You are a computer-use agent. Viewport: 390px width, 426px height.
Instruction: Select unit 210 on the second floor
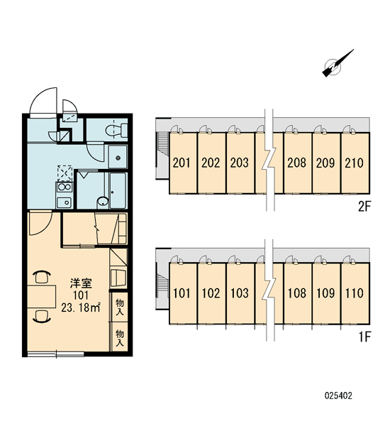(355, 163)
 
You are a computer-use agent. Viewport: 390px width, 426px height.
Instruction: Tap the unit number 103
(240, 293)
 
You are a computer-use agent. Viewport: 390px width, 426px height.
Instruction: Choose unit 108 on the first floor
(298, 293)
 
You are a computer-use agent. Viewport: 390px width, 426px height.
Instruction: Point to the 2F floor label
(364, 207)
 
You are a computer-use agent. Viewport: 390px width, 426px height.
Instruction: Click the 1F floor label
(364, 337)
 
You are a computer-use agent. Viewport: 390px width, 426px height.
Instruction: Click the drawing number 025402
(338, 395)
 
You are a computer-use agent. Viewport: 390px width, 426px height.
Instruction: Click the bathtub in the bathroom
(118, 190)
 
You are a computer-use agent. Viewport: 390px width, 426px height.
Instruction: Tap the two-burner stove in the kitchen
(65, 187)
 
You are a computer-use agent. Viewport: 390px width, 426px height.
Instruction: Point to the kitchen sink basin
(64, 202)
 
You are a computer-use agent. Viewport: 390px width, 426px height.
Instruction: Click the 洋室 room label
(81, 283)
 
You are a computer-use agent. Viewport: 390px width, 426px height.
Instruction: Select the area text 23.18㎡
(81, 307)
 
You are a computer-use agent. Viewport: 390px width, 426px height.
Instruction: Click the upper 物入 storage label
(119, 307)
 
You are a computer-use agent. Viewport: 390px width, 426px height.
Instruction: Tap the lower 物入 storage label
(119, 338)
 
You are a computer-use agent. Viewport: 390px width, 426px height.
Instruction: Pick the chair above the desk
(42, 277)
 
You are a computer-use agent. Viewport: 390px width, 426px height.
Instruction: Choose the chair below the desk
(42, 316)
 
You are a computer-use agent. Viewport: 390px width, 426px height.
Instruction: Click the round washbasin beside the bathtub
(103, 202)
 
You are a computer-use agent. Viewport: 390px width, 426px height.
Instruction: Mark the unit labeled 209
(326, 163)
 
